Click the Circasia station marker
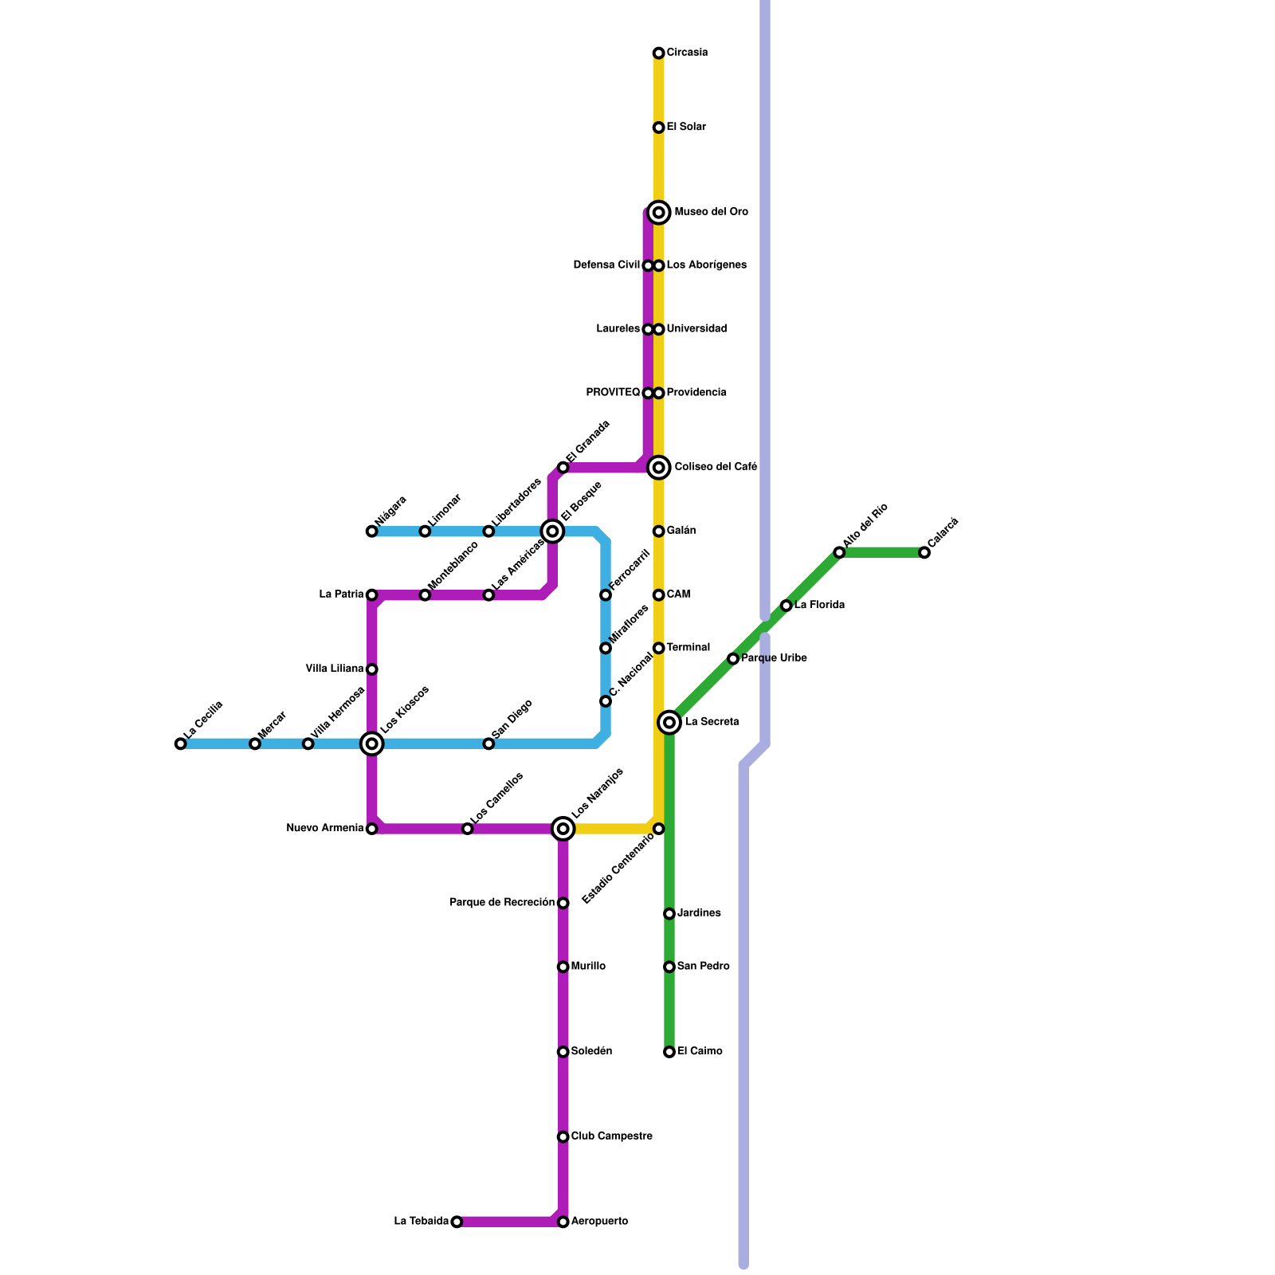point(658,53)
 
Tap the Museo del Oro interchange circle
point(658,212)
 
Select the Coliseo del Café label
point(715,467)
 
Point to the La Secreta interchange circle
point(669,723)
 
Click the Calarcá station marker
point(924,552)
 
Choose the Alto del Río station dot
point(839,552)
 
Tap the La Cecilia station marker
point(180,743)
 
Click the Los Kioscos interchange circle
point(371,743)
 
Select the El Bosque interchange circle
point(552,531)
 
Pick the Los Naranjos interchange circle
point(563,829)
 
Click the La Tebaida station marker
point(457,1222)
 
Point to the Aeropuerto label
point(599,1222)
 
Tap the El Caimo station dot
point(669,1052)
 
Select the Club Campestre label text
point(611,1136)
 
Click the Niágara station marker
point(371,532)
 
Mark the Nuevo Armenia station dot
point(371,829)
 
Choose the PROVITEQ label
point(613,393)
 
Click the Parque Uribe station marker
point(733,658)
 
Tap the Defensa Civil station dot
point(648,265)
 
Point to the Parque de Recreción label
point(502,903)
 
